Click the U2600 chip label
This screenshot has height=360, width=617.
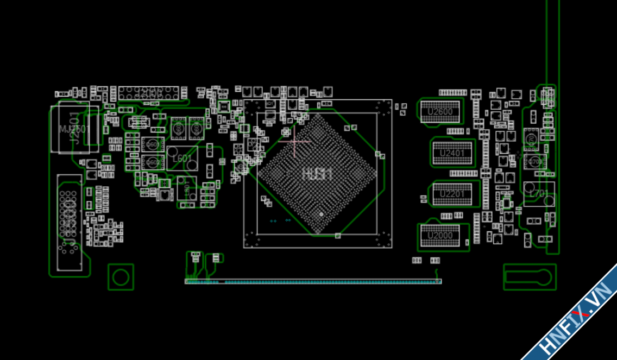(x=440, y=112)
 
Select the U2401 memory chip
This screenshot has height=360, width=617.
(x=452, y=153)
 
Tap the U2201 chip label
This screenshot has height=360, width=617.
(x=452, y=194)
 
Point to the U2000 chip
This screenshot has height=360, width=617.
(x=440, y=236)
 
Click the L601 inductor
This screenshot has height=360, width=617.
(x=182, y=158)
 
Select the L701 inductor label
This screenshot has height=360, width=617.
(x=539, y=193)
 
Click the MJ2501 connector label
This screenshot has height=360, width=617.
(x=74, y=129)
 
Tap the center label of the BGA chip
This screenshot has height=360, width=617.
(x=317, y=174)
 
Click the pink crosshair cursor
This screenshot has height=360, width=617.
(x=295, y=142)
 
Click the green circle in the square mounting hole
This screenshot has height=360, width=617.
(x=121, y=277)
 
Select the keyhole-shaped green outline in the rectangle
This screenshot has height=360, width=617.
(x=530, y=277)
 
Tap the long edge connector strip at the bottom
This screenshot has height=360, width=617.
(x=313, y=281)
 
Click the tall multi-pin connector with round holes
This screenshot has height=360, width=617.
(x=70, y=222)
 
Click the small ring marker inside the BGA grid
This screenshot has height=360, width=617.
(x=321, y=214)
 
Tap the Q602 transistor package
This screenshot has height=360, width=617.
(x=153, y=162)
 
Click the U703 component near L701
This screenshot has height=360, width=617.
(x=536, y=161)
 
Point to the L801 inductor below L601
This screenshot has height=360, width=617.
(x=187, y=190)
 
